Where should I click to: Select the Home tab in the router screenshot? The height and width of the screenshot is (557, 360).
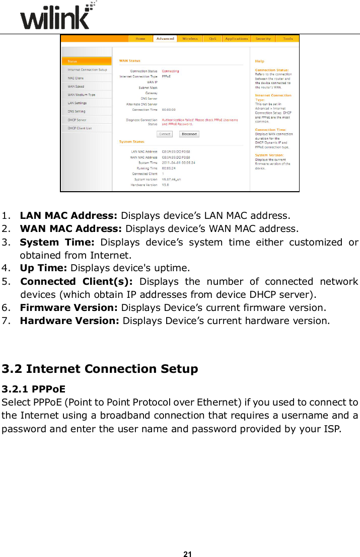click(140, 39)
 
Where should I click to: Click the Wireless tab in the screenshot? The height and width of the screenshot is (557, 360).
click(190, 39)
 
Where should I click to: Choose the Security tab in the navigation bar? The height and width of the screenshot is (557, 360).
click(263, 39)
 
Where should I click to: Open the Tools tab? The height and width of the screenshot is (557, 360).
click(287, 39)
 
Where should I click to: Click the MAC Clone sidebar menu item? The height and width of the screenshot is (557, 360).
click(76, 78)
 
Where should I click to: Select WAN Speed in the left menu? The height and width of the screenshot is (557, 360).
click(76, 87)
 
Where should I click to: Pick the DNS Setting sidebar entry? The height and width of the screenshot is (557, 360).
click(77, 111)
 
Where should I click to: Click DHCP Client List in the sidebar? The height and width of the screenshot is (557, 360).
click(80, 128)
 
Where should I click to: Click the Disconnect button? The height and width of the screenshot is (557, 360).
click(189, 134)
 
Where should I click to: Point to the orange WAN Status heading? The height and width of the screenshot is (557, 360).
click(130, 61)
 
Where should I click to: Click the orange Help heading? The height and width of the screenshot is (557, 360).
click(259, 61)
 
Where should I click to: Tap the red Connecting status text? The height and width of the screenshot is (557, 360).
click(170, 71)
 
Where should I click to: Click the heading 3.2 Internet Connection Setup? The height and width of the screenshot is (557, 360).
click(100, 369)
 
